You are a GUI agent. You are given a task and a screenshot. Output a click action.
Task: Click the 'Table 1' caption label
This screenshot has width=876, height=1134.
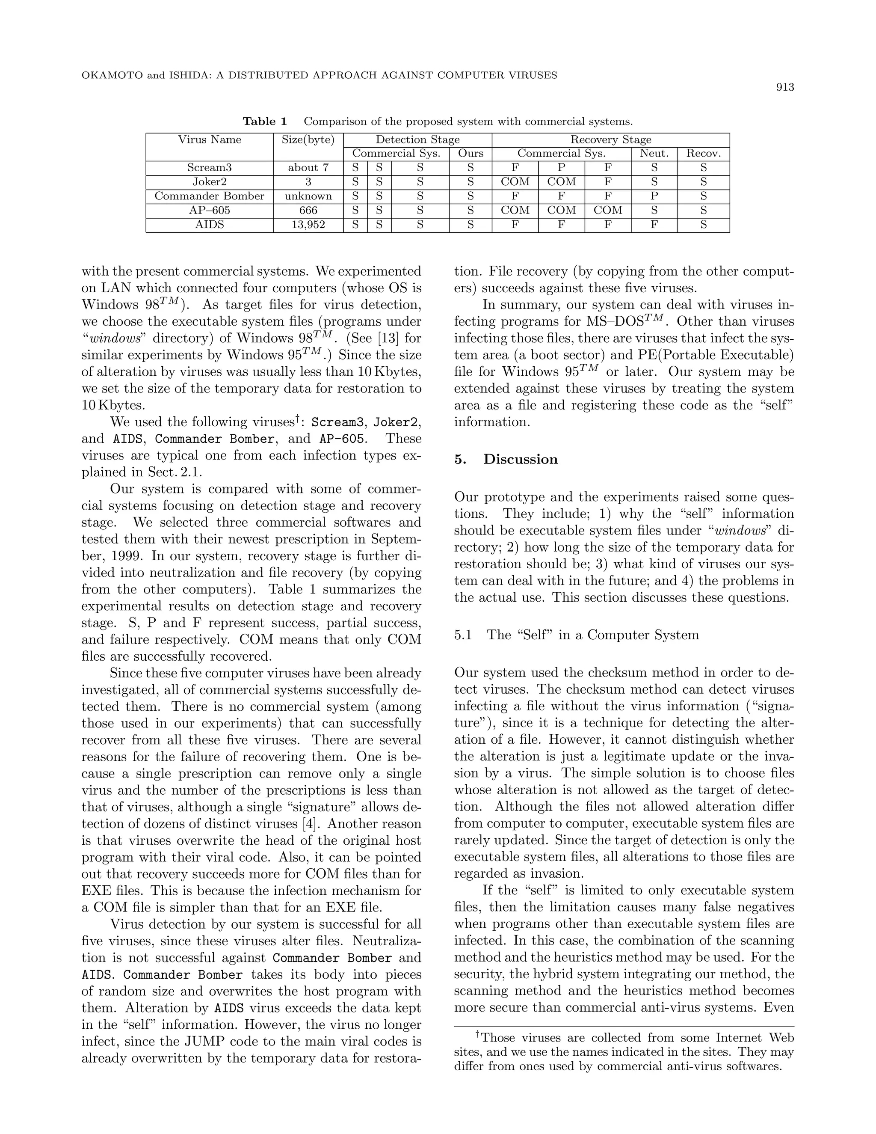(x=265, y=122)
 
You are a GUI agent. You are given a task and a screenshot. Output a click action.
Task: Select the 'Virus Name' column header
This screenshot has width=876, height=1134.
(x=210, y=140)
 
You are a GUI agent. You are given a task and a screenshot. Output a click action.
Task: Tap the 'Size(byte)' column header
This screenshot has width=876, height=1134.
(x=308, y=140)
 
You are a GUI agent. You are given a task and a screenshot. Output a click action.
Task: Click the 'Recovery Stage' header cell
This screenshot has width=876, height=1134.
(x=610, y=140)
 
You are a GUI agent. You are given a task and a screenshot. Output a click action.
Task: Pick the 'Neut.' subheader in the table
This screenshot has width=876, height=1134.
(x=654, y=154)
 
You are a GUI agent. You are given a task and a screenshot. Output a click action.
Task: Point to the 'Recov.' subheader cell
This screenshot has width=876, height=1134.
(x=703, y=154)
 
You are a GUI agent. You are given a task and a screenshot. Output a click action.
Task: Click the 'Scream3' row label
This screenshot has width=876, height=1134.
(x=210, y=168)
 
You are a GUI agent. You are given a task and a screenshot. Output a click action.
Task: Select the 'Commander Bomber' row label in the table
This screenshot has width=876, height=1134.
(x=210, y=196)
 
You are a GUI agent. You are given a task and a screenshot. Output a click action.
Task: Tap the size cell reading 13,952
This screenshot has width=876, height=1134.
(x=308, y=225)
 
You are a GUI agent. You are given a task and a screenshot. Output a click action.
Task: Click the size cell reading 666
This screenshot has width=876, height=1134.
(x=308, y=210)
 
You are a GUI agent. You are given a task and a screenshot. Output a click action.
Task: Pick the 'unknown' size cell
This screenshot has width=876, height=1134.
(x=308, y=196)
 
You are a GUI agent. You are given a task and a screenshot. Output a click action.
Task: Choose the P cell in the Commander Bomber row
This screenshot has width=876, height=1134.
(x=654, y=196)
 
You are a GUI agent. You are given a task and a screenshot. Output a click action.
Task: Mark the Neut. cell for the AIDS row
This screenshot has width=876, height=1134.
(x=654, y=225)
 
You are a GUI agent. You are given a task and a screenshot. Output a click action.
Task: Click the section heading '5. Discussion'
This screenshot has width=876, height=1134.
(x=506, y=460)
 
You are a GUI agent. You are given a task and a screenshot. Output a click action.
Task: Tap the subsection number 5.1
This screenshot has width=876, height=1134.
(x=462, y=635)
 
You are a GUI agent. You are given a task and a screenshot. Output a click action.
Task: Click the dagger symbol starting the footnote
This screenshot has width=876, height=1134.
(x=477, y=1035)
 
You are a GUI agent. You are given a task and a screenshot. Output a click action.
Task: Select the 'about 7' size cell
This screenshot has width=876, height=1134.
(x=308, y=168)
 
